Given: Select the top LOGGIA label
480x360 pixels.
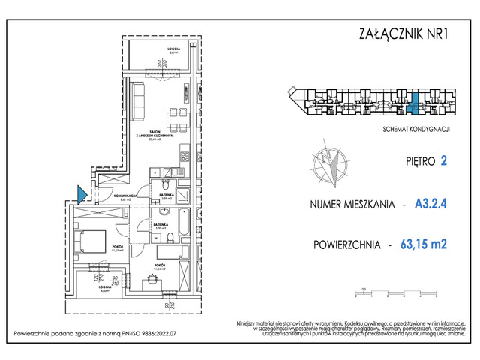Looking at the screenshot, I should [x=172, y=49].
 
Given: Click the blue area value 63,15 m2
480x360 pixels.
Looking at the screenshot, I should [x=429, y=244].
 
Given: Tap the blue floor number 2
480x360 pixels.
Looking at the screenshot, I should [x=444, y=160].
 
